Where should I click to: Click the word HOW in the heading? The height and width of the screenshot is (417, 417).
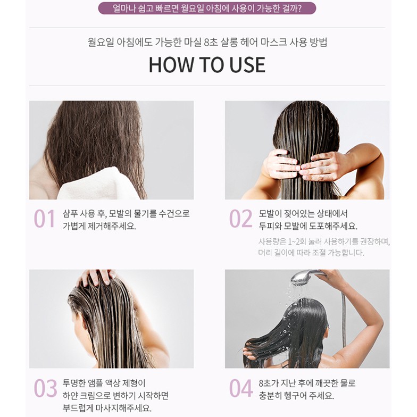coord(171,65)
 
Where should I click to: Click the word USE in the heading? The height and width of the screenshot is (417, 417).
coord(247,65)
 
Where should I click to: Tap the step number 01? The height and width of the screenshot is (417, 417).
coord(45,219)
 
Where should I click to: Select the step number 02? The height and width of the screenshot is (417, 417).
coord(240,219)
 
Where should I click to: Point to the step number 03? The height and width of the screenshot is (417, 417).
coord(45,388)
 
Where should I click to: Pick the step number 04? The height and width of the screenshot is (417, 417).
coord(241,388)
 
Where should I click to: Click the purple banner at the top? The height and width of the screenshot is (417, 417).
coord(207,8)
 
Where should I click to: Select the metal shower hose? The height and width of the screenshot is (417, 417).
coord(344,319)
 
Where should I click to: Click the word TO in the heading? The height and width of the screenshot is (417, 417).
coord(211,65)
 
